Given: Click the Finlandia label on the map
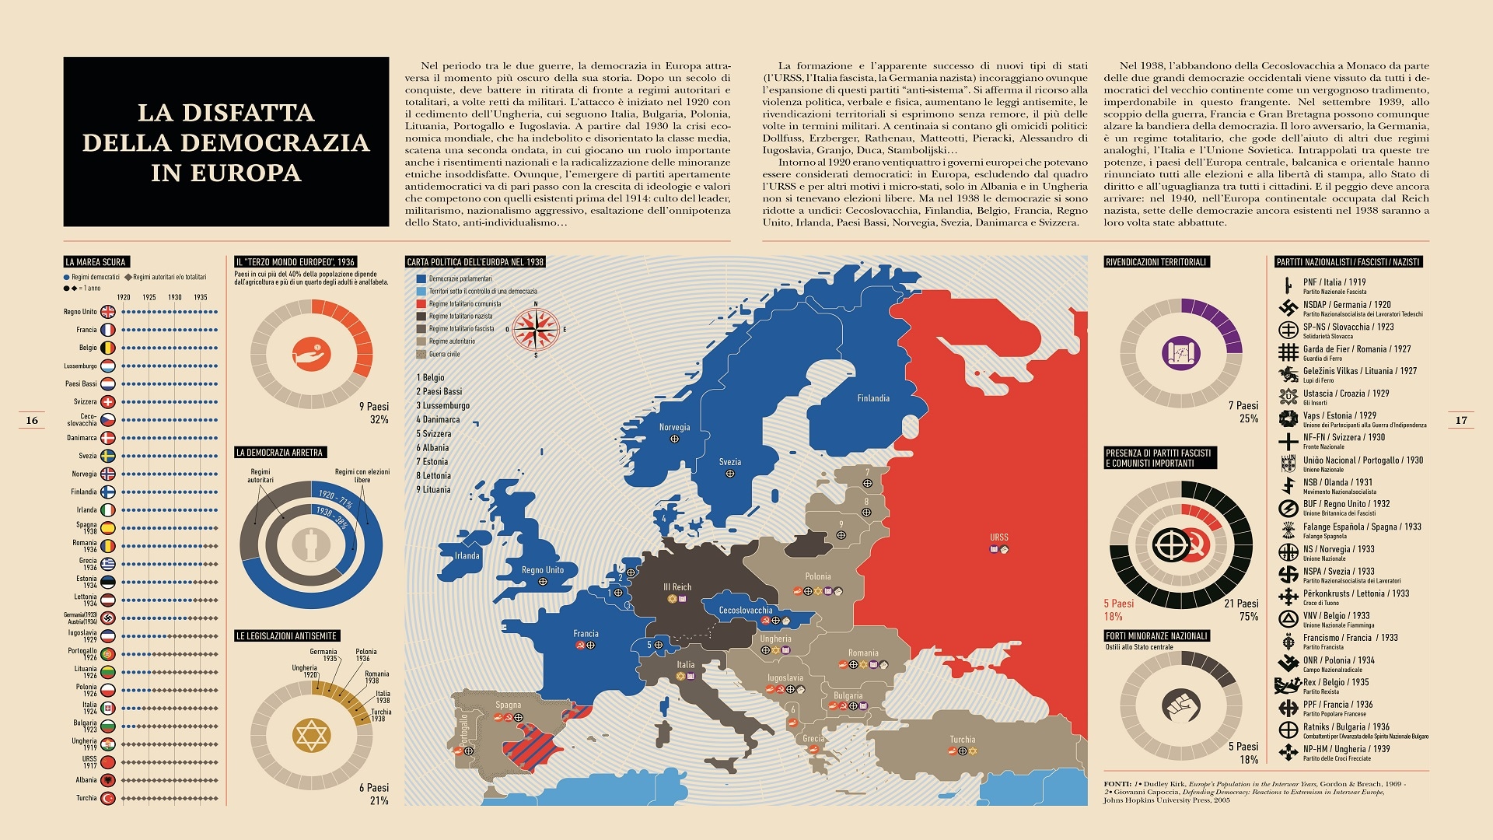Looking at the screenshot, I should pos(873,398).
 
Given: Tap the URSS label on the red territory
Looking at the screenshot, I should pos(998,537).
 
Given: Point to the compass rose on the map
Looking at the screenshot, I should pos(536,329).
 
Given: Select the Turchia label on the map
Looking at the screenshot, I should pos(962,740).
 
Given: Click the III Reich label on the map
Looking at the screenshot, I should pos(677,587).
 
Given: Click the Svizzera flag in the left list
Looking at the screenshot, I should pos(108,402).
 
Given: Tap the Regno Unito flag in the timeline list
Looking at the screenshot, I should pos(108,312).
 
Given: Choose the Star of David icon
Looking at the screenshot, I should pos(311,735).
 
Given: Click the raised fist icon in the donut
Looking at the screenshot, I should pos(1181,706).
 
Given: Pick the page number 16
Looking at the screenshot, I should pos(32,420).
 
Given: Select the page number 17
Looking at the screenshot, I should pos(1461,420).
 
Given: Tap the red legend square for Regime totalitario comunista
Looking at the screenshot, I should pos(421,304).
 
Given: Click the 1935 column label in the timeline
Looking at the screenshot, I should pos(201,297).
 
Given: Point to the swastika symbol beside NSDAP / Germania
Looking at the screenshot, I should pos(1288,308).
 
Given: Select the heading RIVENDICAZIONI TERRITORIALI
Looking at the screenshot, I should pos(1156,262).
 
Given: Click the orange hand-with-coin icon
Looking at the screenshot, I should pos(311,354).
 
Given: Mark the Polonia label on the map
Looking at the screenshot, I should pos(818,576).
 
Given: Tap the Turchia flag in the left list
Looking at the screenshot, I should pos(108,798).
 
